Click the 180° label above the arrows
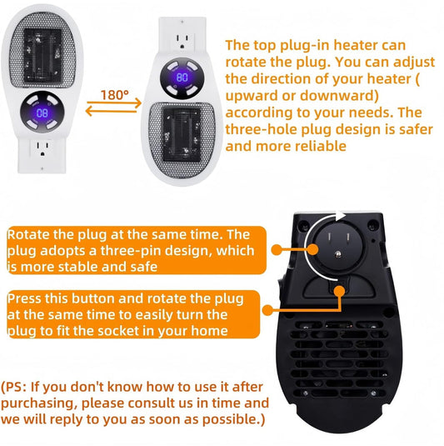point(115,95)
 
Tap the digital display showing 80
point(182,78)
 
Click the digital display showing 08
point(42,113)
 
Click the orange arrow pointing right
point(114,103)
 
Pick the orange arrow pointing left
point(111,111)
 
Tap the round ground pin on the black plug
point(337,254)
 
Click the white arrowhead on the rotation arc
point(340,216)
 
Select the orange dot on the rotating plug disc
point(312,249)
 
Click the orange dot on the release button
point(339,291)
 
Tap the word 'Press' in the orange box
point(24,298)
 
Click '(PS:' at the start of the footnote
point(14,387)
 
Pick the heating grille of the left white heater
point(42,50)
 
